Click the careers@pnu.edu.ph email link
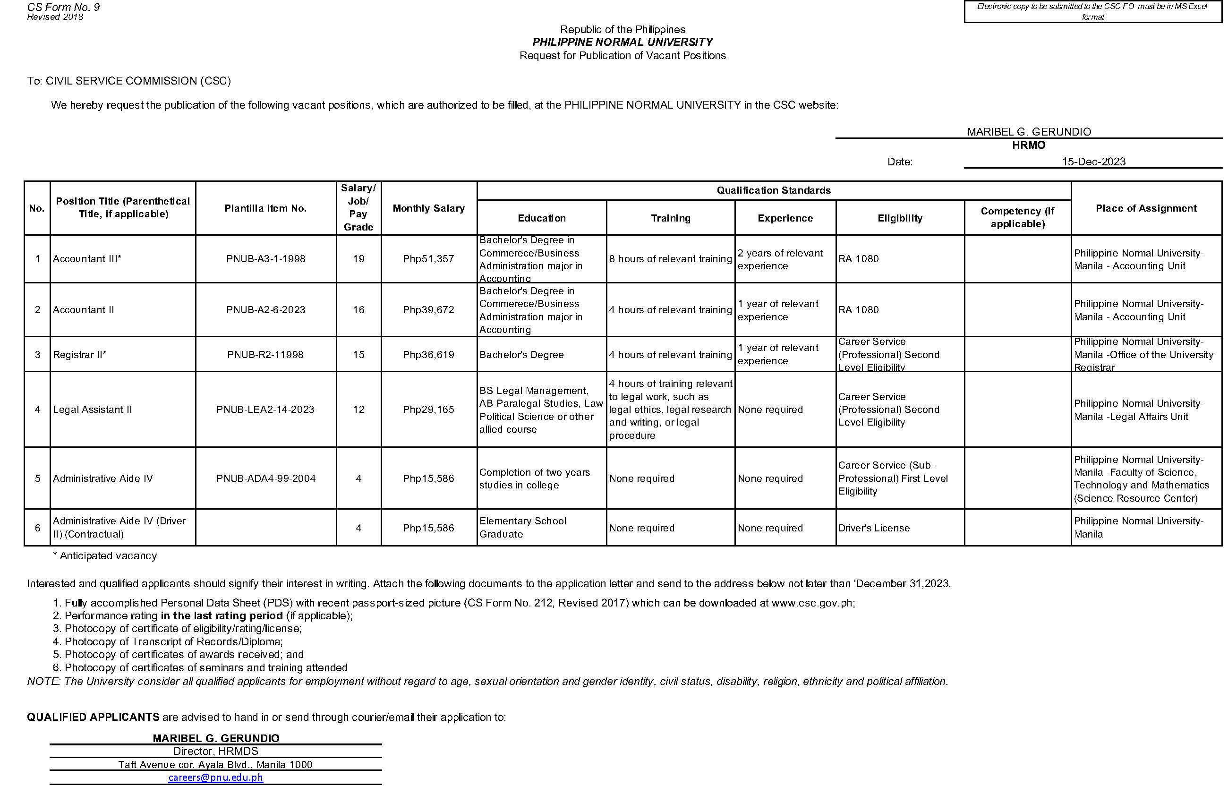pyautogui.click(x=216, y=777)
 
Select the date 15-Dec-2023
pyautogui.click(x=1093, y=162)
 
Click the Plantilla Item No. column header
pyautogui.click(x=266, y=208)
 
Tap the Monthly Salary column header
pyautogui.click(x=429, y=208)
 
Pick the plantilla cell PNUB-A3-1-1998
pyautogui.click(x=266, y=259)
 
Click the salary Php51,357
pyautogui.click(x=429, y=259)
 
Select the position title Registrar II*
pyautogui.click(x=79, y=355)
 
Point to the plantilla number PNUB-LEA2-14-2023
pyautogui.click(x=266, y=409)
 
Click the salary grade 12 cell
pyautogui.click(x=358, y=409)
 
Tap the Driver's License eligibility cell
pyautogui.click(x=874, y=528)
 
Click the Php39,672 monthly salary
pyautogui.click(x=429, y=310)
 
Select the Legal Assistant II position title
pyautogui.click(x=93, y=409)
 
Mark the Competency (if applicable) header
pyautogui.click(x=1017, y=217)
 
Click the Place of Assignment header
pyautogui.click(x=1146, y=208)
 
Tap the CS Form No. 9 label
pyautogui.click(x=63, y=7)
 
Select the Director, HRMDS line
pyautogui.click(x=216, y=751)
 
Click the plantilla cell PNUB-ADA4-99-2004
pyautogui.click(x=266, y=478)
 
